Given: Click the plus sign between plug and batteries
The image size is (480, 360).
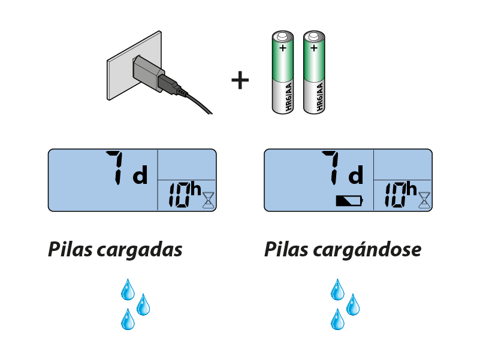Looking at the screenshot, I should pyautogui.click(x=240, y=80).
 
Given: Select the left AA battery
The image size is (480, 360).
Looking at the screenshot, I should pyautogui.click(x=282, y=72).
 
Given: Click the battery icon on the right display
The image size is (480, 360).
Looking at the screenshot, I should pyautogui.click(x=349, y=201).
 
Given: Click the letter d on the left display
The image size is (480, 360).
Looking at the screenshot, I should pyautogui.click(x=140, y=177).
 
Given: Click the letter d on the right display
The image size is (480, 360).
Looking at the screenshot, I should pyautogui.click(x=356, y=177).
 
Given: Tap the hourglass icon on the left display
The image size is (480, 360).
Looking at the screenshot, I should pyautogui.click(x=208, y=199).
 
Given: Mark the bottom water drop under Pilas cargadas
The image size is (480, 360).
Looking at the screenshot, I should pyautogui.click(x=128, y=320).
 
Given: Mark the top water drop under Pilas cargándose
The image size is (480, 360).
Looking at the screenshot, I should pyautogui.click(x=338, y=290).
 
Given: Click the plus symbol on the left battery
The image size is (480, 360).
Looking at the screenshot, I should pyautogui.click(x=282, y=47).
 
